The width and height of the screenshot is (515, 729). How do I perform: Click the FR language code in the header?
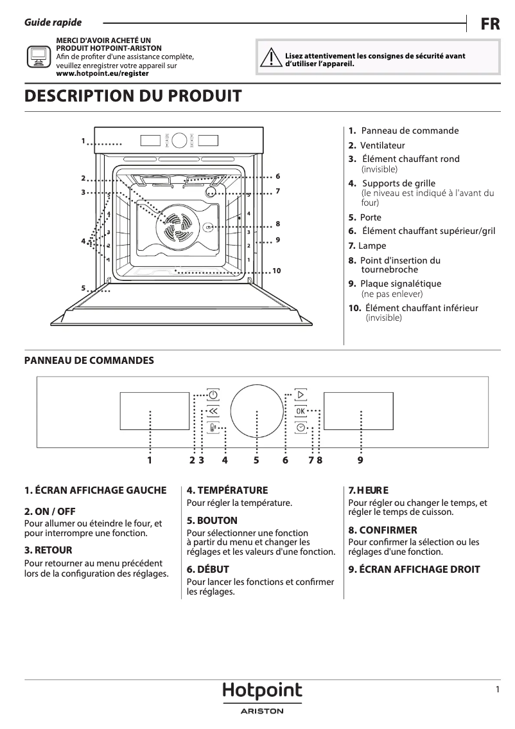pos(491,24)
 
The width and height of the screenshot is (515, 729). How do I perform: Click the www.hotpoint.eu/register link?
pos(102,73)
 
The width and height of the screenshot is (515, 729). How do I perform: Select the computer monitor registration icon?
pos(38,57)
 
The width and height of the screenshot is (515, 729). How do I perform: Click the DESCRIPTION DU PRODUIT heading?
pos(133,96)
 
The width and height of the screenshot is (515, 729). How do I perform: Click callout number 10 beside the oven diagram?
pos(277,271)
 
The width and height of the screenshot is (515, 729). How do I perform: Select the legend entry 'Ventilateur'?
pos(382,145)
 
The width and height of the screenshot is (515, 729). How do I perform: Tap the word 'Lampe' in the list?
pos(372,246)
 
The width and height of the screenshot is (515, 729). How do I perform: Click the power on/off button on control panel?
pos(213,394)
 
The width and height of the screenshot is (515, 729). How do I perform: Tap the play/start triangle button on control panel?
pos(301,394)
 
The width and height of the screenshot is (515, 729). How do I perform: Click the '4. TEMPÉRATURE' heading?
pos(227,491)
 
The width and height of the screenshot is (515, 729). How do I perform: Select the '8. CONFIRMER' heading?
pos(383,530)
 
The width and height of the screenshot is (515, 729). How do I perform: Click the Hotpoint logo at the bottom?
pos(262,692)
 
